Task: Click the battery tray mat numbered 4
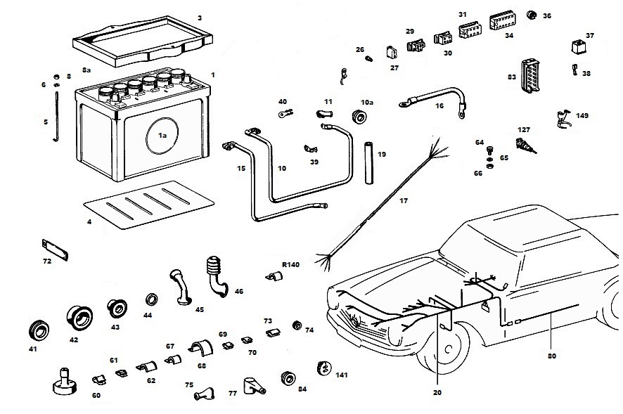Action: tap(149, 205)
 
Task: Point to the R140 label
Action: tap(290, 265)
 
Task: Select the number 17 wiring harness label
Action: tap(404, 202)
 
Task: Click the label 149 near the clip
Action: tap(582, 115)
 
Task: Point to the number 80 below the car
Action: tap(552, 356)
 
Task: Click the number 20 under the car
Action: tap(437, 392)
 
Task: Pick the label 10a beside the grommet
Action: tap(367, 103)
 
